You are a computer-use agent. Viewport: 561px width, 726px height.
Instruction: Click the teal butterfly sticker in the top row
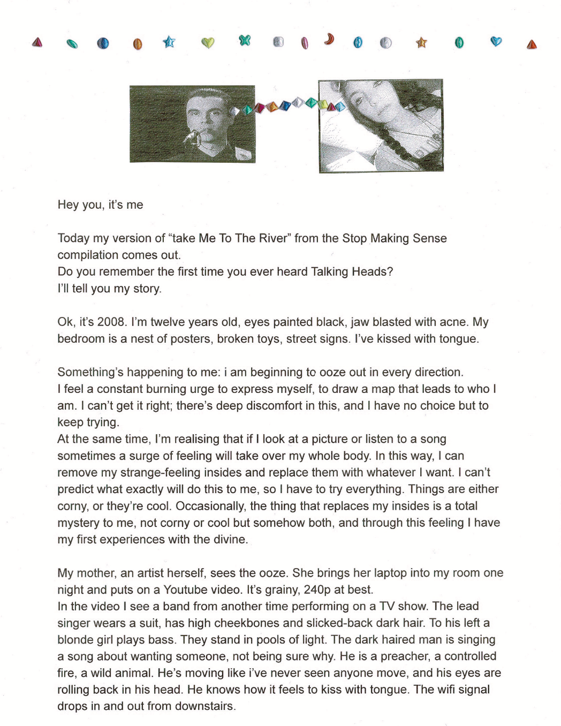[245, 40]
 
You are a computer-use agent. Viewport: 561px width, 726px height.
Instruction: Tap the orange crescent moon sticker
[329, 39]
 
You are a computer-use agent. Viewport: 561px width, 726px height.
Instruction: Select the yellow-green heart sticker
[208, 42]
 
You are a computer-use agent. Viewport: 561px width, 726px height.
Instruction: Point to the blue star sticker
[169, 42]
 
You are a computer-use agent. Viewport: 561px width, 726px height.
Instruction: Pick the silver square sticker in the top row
[278, 42]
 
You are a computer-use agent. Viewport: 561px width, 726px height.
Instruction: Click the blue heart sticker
[496, 41]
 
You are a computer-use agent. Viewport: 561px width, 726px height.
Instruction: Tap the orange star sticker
[422, 42]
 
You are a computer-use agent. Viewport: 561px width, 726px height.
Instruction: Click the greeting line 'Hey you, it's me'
[100, 205]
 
